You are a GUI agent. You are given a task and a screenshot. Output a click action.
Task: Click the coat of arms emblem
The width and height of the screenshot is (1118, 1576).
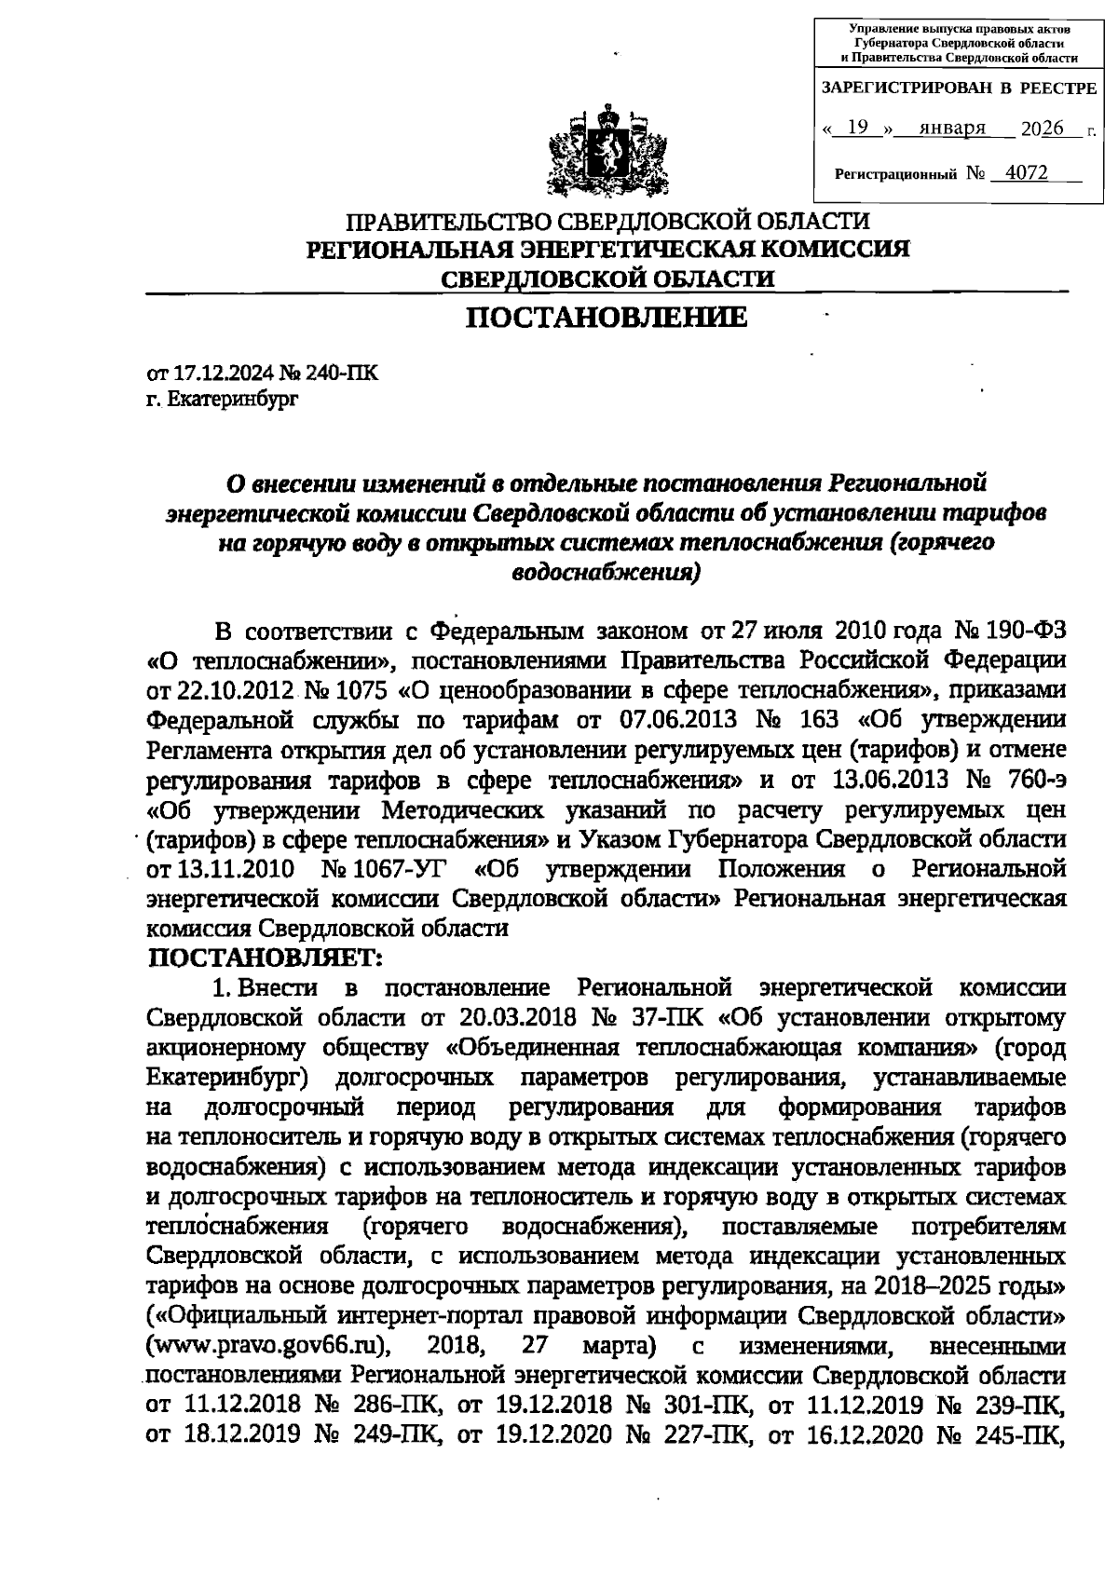[610, 152]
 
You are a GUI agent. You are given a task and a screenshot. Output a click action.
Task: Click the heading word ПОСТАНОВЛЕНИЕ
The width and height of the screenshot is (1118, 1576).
[607, 319]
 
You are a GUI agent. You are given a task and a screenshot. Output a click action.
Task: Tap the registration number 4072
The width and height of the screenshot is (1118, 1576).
[1020, 173]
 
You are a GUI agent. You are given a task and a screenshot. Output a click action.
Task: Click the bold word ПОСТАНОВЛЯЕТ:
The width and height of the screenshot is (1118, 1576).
[266, 958]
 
